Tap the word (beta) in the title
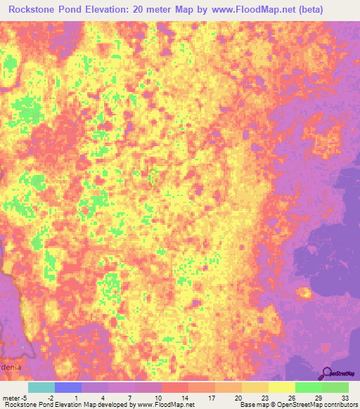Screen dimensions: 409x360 point(309,10)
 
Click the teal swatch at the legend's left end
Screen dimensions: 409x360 point(41,387)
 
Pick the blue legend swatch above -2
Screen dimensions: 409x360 point(67,387)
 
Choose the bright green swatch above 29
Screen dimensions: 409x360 point(309,387)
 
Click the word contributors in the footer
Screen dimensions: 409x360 point(340,405)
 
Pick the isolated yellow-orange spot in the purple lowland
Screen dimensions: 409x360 point(304,292)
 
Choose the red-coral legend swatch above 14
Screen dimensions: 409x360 point(175,387)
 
